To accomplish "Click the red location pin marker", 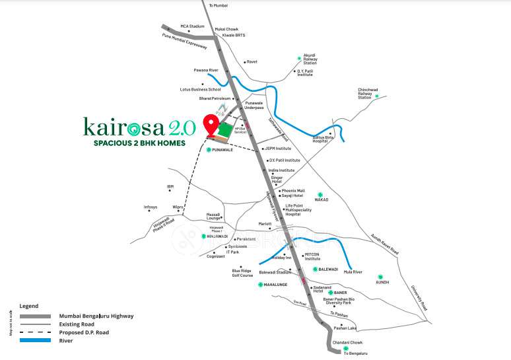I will tap(211, 125).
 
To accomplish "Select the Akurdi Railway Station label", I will tap(310, 59).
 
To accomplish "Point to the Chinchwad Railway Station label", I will tap(367, 93).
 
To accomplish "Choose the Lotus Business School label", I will tap(200, 89).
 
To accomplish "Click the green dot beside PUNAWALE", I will tap(209, 150).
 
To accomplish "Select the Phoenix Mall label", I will tap(293, 190).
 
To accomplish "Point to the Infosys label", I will tap(151, 207).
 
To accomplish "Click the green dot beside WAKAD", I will tap(320, 194).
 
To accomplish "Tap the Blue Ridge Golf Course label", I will tap(242, 272).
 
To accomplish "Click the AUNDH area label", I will tap(382, 282).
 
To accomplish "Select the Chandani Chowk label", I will tap(347, 342).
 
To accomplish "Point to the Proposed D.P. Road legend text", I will tap(84, 332).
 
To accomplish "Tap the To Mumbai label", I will tap(218, 5).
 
